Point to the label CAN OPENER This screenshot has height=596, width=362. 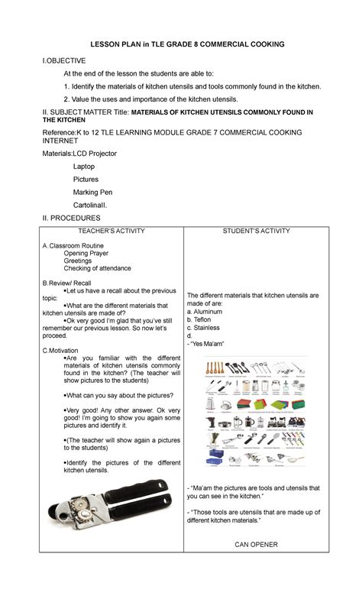coord(257,544)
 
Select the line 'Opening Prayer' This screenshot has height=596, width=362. coord(86,253)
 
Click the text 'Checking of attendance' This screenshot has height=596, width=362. coord(97,269)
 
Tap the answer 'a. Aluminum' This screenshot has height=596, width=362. coord(208,312)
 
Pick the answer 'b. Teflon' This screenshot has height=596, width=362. coord(203,320)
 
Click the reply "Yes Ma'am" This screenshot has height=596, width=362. coord(206,344)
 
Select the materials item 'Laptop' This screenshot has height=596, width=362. coord(85,166)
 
